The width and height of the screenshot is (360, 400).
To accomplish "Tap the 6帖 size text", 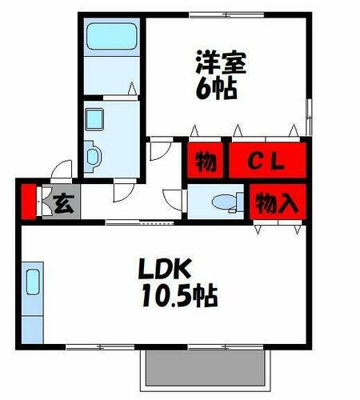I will [216, 88].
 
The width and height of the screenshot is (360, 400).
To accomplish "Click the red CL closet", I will [268, 161].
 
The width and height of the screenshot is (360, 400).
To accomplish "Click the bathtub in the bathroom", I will [110, 38].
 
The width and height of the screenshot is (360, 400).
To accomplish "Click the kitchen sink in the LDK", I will [33, 282].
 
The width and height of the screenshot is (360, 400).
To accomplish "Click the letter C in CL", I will [255, 162].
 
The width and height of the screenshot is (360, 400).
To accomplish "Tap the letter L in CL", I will [277, 162].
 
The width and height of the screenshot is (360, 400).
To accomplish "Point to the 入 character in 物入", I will [288, 203].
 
